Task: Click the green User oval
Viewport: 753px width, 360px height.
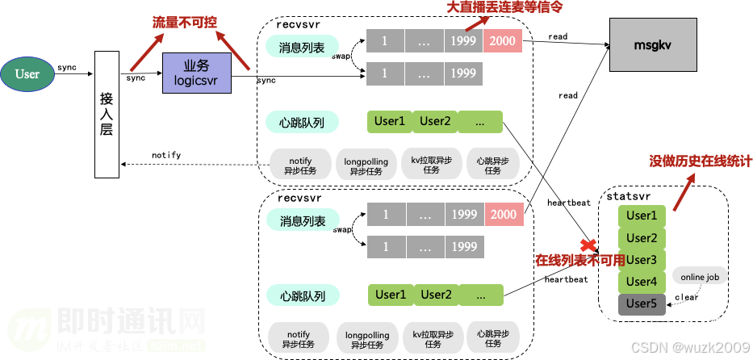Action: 27,74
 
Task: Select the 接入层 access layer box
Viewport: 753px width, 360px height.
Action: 107,114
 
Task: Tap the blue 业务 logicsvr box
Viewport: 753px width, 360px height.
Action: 196,73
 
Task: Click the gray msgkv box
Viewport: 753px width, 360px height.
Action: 652,46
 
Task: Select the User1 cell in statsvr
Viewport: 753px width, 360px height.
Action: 642,216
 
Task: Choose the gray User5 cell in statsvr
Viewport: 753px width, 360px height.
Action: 642,304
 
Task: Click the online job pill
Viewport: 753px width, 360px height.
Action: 700,277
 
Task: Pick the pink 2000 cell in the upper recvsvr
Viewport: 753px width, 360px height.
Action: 502,40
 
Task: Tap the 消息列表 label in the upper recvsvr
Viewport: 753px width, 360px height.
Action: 302,48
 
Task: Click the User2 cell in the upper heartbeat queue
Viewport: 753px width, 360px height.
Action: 435,121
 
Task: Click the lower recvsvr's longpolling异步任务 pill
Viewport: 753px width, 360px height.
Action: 366,339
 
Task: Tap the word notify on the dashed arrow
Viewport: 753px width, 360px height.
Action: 166,155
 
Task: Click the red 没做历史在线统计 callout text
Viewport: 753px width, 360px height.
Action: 701,161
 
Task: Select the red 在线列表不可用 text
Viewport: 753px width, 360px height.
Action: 579,261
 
